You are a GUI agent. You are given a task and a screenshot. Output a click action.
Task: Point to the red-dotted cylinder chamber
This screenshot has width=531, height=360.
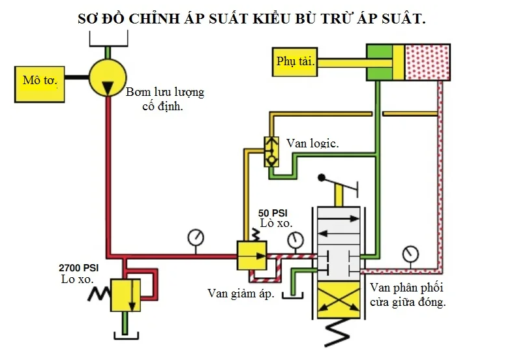point(428,62)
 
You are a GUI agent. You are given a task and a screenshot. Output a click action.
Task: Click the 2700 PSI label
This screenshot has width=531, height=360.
point(78,267)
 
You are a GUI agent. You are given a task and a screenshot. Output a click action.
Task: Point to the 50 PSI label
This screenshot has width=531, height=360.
point(273,213)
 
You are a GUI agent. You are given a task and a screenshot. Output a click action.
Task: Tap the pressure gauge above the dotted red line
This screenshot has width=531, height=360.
point(410,252)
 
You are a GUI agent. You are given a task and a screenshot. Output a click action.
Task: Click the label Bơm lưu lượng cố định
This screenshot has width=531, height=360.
point(164,98)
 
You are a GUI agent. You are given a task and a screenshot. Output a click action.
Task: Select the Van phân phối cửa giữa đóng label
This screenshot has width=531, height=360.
point(408,295)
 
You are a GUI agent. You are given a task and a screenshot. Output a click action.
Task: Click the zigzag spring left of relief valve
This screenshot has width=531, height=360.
point(98,295)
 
